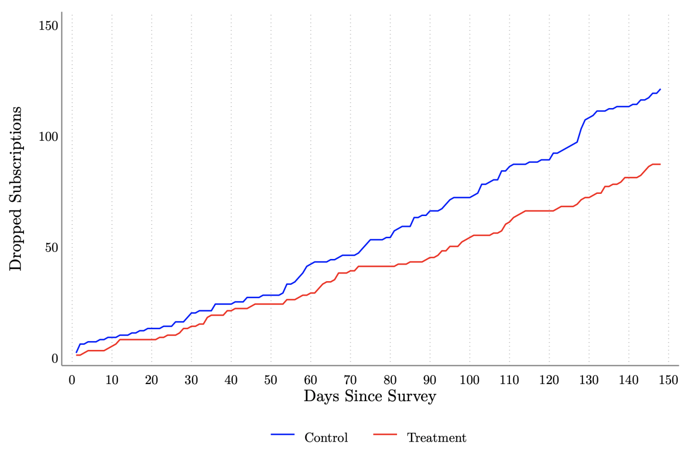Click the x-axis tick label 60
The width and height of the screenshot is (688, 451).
310,380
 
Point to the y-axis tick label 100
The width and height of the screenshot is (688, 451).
48,137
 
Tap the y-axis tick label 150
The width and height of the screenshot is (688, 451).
48,26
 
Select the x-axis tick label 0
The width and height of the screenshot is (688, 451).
72,380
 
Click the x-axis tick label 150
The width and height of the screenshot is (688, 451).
668,380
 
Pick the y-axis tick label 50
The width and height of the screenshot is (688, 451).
51,248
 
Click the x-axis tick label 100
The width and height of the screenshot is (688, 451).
469,380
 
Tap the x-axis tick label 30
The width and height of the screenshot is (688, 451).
191,380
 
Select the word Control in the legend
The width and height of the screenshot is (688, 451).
326,438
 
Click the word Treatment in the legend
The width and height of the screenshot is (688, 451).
436,438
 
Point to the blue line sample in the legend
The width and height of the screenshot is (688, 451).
283,434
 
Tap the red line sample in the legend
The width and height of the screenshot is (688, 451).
385,434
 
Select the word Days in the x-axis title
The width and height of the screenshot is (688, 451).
321,397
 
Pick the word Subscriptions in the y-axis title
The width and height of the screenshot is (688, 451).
15,155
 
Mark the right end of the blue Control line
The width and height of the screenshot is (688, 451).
660,89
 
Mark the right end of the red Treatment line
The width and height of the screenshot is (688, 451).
660,164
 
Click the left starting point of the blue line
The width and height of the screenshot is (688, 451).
77,352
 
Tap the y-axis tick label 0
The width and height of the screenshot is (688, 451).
54,359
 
